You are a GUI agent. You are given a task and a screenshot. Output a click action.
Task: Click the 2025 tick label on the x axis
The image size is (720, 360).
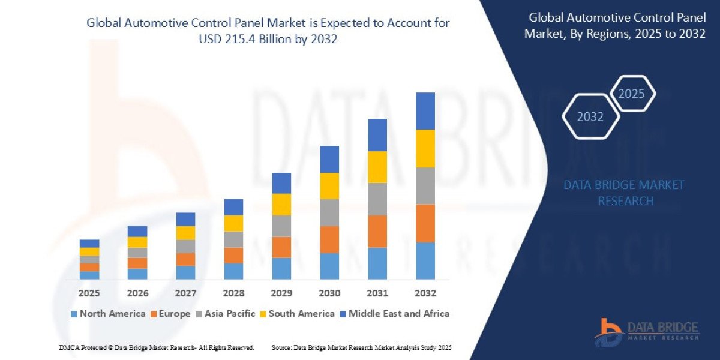tap(89, 293)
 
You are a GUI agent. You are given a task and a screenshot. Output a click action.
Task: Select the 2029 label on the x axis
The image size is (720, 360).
tap(281, 293)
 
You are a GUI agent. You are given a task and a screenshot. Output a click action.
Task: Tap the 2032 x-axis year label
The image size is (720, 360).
tap(425, 293)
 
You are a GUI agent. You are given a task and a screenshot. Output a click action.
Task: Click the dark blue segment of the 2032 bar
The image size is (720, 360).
tap(425, 111)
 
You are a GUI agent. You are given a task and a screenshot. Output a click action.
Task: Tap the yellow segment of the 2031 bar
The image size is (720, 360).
tap(377, 167)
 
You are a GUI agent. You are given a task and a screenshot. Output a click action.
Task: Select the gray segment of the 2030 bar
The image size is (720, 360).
tap(329, 212)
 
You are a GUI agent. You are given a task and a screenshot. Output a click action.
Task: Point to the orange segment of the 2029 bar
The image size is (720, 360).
tap(281, 247)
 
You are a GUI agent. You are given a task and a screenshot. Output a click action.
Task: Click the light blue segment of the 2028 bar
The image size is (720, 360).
tap(233, 271)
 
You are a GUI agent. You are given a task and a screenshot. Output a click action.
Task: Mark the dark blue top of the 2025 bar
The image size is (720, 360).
tap(89, 244)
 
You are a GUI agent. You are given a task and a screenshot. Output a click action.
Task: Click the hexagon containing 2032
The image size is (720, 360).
tap(590, 117)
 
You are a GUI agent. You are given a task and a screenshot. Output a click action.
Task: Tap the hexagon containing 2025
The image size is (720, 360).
tap(631, 94)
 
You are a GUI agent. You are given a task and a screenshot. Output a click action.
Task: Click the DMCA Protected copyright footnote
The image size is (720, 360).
tap(157, 347)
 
